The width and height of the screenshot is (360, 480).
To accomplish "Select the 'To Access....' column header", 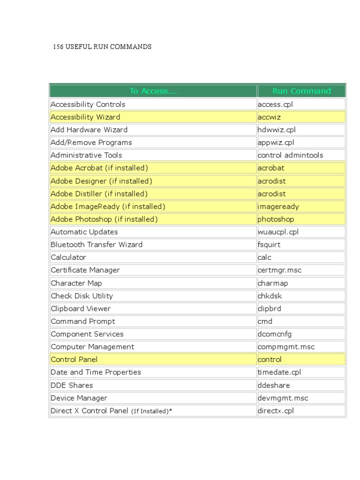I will tap(153, 91).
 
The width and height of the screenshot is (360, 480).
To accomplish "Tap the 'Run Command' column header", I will tap(301, 91).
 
